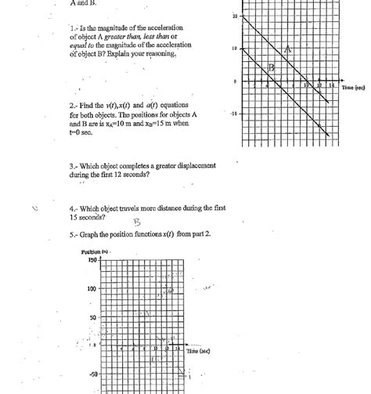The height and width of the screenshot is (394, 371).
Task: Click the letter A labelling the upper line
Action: tap(288, 49)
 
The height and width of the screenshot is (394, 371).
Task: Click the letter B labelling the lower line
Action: tap(272, 68)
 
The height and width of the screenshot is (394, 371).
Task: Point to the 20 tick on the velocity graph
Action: tap(236, 16)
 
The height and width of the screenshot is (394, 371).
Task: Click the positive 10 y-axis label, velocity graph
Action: tap(236, 49)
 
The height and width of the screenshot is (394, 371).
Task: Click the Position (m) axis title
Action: tap(95, 252)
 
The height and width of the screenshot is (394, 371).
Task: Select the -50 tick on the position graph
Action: tap(92, 375)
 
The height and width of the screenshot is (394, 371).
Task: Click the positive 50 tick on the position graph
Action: tap(92, 317)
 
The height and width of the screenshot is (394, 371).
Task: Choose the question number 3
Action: tap(72, 166)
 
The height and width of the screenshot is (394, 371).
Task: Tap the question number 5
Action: tap(72, 234)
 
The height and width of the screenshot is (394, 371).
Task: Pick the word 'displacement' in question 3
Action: tap(192, 166)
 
